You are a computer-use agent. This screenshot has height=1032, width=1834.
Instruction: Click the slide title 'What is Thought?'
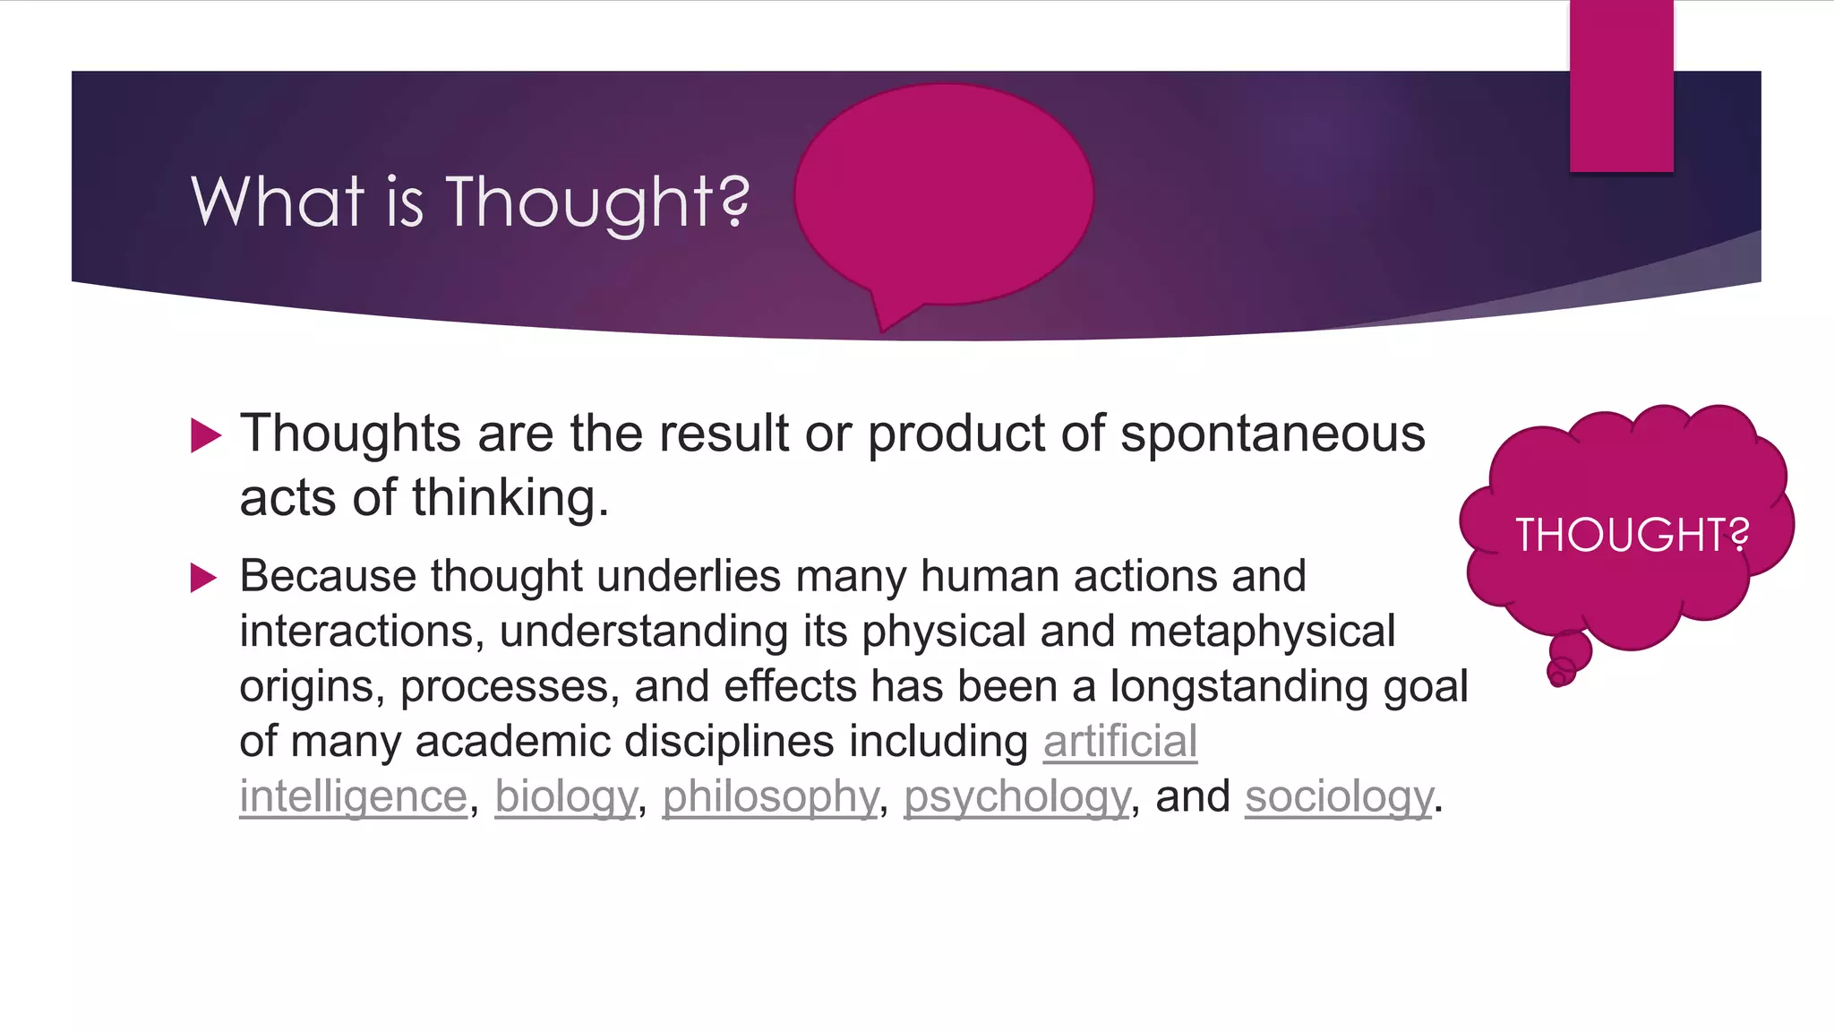469,202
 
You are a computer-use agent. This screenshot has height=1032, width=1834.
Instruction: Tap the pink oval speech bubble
943,193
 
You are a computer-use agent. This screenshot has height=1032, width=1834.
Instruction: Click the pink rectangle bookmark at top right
1621,86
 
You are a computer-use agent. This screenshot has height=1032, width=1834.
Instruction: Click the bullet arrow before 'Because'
204,578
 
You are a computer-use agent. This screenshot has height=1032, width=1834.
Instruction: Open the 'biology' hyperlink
565,796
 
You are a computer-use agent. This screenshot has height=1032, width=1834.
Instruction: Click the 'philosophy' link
770,796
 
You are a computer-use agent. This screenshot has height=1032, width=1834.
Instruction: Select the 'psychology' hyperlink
1017,796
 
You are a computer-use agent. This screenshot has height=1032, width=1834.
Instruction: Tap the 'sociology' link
1339,796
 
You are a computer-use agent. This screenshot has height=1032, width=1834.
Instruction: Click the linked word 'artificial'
1119,742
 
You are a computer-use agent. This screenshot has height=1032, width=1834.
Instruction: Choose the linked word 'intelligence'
353,796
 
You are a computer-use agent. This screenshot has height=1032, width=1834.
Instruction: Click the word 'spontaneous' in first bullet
1273,434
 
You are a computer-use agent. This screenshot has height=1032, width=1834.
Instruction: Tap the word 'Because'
328,576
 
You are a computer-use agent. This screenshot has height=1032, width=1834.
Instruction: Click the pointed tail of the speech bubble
889,318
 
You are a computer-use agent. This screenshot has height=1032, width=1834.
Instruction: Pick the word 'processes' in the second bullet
510,687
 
